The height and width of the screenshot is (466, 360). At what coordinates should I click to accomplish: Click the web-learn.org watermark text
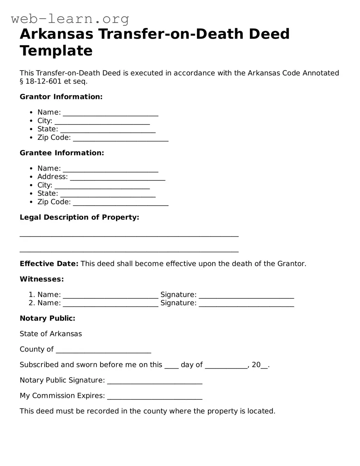tap(70, 19)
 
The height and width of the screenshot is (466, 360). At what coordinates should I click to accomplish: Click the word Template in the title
tap(56, 51)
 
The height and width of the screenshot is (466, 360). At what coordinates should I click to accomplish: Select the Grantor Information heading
tap(61, 97)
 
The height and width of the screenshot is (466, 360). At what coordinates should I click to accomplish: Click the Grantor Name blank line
tap(111, 113)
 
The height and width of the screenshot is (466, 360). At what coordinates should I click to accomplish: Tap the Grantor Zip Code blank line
tap(121, 138)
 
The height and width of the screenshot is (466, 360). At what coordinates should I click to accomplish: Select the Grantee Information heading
tap(62, 153)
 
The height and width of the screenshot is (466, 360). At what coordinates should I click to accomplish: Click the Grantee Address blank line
tap(118, 178)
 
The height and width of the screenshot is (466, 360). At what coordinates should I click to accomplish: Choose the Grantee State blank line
tap(108, 194)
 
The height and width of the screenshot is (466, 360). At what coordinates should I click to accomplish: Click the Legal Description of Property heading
tap(79, 217)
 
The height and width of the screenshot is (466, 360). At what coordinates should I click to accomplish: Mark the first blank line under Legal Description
tap(129, 235)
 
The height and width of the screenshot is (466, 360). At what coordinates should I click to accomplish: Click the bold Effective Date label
tap(49, 264)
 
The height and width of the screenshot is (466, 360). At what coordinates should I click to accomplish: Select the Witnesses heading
tap(42, 280)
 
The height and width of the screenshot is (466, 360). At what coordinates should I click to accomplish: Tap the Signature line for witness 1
tap(246, 296)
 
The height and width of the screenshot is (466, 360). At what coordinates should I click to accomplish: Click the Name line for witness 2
tap(111, 304)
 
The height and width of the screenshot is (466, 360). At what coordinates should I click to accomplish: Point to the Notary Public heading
tap(47, 319)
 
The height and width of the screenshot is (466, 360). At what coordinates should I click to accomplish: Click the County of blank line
tap(104, 350)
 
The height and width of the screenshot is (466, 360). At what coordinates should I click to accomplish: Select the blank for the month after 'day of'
tap(226, 366)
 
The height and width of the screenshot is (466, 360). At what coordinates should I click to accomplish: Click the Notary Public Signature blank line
tap(155, 381)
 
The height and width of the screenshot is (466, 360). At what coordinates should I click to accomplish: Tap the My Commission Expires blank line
tap(155, 396)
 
